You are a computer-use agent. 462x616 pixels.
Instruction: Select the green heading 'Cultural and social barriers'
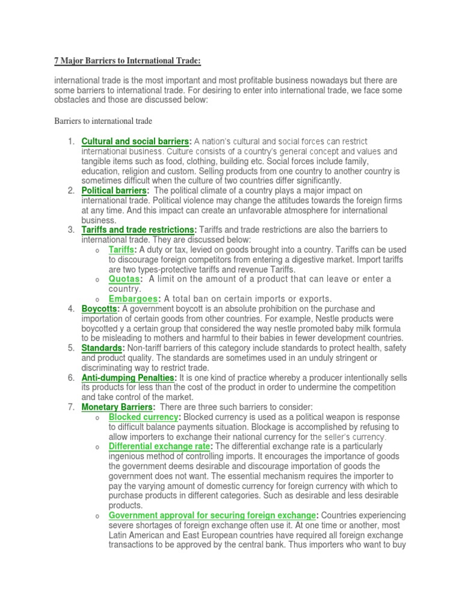click(135, 141)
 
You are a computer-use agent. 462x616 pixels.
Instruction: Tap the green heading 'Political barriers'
click(114, 191)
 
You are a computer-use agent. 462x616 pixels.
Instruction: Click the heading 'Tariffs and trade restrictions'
click(138, 230)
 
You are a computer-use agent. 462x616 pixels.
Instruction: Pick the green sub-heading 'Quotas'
click(125, 279)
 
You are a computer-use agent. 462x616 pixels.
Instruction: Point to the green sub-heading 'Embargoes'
click(134, 299)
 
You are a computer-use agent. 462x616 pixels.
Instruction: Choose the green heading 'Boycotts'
click(100, 309)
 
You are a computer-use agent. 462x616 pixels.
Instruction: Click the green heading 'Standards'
click(102, 348)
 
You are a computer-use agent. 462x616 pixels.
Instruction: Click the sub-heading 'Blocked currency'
click(143, 417)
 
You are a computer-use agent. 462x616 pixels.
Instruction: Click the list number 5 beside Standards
click(70, 348)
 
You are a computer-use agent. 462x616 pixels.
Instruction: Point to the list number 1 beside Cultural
click(70, 141)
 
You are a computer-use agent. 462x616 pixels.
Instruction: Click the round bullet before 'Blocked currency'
click(97, 418)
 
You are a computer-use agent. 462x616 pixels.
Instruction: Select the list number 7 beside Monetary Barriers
click(70, 407)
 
